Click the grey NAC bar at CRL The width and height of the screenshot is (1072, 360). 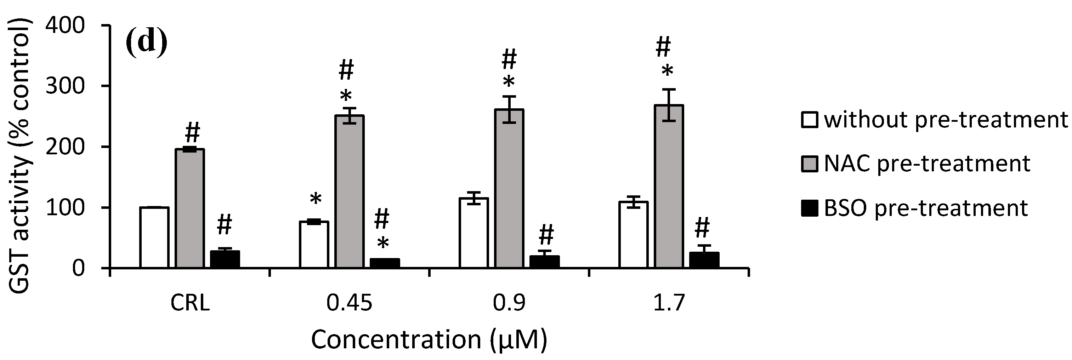pyautogui.click(x=190, y=208)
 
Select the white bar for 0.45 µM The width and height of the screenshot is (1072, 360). pyautogui.click(x=314, y=244)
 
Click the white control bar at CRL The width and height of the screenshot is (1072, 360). pyautogui.click(x=154, y=237)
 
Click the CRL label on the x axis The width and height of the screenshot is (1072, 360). pyautogui.click(x=190, y=304)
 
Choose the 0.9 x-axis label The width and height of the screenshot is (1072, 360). pyautogui.click(x=509, y=304)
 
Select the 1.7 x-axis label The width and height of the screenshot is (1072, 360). pyautogui.click(x=669, y=304)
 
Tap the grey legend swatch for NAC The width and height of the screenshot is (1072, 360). pyautogui.click(x=810, y=164)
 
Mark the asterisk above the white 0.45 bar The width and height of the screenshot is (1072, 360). pyautogui.click(x=316, y=199)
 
